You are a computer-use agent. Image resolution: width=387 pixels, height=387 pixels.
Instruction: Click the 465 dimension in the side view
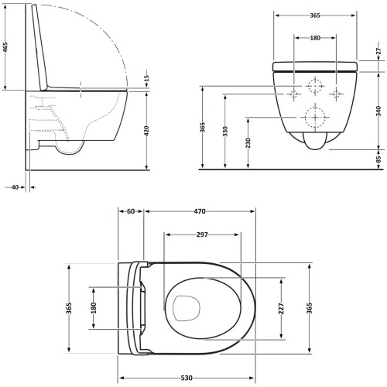[5, 46]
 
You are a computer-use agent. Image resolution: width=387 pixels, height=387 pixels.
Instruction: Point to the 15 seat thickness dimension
[146, 77]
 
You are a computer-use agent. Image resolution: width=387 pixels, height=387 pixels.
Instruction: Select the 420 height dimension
[146, 131]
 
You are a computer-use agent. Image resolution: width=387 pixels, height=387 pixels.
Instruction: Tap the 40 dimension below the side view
[15, 187]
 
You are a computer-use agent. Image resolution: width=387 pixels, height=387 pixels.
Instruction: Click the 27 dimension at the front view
[378, 51]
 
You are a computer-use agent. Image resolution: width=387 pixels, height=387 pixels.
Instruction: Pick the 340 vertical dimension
[378, 111]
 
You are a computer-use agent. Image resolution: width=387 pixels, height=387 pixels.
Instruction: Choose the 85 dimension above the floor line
[378, 159]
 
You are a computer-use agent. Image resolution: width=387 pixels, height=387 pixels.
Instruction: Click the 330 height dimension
[225, 132]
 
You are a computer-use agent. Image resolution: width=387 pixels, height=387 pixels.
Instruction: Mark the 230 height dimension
[248, 143]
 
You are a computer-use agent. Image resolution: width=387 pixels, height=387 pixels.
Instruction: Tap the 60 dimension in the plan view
[131, 211]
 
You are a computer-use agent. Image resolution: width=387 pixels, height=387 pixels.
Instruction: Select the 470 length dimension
[200, 211]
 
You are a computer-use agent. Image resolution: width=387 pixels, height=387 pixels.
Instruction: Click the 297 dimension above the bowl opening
[202, 235]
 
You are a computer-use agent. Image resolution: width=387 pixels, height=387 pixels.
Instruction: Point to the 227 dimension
[281, 309]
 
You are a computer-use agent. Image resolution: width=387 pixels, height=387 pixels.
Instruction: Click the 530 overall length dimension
[187, 378]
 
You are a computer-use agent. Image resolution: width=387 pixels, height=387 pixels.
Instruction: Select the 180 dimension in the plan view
[94, 308]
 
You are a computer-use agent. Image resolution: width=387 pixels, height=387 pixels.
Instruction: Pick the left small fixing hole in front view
[293, 94]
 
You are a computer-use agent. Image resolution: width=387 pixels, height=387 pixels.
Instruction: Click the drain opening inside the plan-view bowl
[187, 308]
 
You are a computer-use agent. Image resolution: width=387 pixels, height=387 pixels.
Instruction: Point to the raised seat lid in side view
[39, 48]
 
